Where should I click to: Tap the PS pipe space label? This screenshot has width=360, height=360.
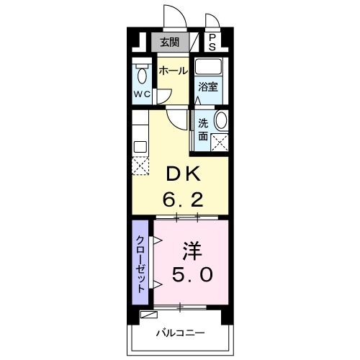tap(212, 42)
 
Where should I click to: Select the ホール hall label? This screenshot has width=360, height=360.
tap(173, 71)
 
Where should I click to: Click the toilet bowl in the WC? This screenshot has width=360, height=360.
tap(142, 75)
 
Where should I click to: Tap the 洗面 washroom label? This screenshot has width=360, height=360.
tap(204, 129)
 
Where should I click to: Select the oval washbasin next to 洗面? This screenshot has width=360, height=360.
tap(221, 121)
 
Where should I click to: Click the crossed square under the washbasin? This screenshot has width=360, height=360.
tap(220, 141)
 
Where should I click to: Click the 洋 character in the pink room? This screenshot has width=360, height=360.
tap(191, 251)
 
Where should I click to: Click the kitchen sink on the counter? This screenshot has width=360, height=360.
tap(139, 147)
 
